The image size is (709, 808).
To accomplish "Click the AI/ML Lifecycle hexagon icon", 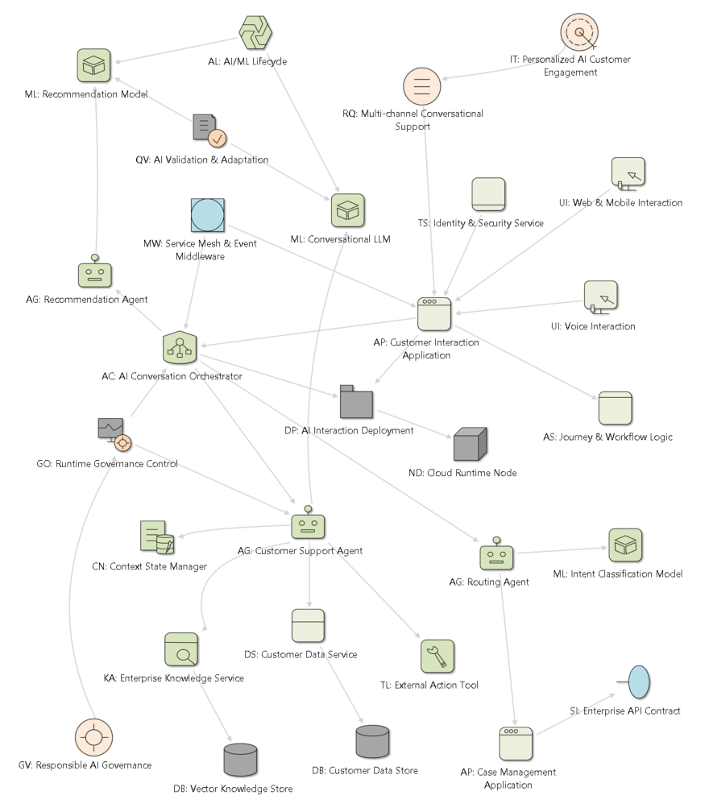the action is pos(255,33).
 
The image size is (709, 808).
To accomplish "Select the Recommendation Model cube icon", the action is pos(93,65).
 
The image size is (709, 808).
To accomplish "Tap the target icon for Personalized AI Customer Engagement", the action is pos(579,32).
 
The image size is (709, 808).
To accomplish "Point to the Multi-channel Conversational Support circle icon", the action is pos(422,86).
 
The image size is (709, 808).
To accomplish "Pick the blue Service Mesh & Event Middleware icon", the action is pos(208,215).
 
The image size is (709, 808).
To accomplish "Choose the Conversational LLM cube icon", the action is pos(348,210).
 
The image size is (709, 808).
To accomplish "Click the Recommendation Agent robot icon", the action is pos(95,271).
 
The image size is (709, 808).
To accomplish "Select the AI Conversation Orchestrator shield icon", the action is pos(180,347).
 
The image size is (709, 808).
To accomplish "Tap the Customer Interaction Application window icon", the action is pos(434,314).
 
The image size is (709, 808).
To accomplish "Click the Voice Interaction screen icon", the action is pos(601,297).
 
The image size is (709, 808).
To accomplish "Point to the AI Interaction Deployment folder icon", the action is pos(356,401).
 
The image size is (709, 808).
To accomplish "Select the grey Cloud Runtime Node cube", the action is pos(471,444).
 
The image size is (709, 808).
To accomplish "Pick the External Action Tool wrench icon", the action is pos(437,657).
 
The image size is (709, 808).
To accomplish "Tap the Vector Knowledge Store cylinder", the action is pos(241,760).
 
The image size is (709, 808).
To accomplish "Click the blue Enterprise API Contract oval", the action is pos(634,682).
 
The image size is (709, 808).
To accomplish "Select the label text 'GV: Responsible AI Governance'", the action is pos(85,765).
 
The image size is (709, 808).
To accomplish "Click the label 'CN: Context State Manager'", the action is pos(149,566).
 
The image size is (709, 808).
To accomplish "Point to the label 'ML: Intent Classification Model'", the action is pos(618,574).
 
